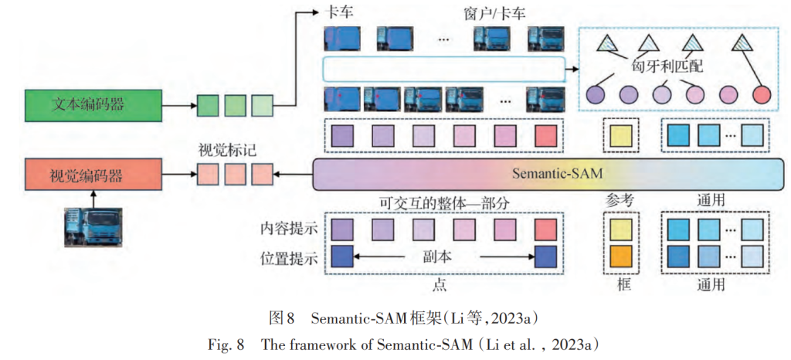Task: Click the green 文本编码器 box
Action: [93, 105]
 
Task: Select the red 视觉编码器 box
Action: [93, 176]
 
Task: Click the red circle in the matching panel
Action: [762, 96]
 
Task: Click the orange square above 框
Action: [622, 256]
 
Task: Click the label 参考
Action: [620, 200]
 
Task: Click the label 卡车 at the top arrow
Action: [338, 12]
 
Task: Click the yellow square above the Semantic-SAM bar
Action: [622, 137]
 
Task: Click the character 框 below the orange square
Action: [623, 285]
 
